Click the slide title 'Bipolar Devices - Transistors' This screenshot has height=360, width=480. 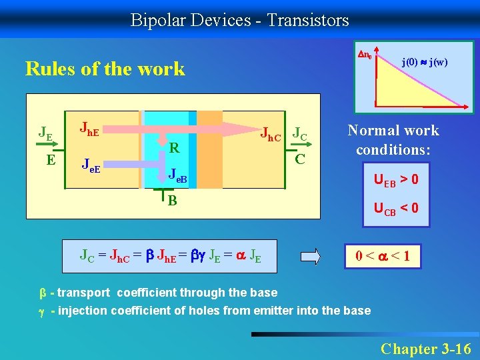coord(239,20)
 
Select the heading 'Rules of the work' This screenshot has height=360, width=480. coord(105,69)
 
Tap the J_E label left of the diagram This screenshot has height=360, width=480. coord(45,132)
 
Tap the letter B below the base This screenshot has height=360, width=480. coord(172,199)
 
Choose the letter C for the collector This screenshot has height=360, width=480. coord(300,160)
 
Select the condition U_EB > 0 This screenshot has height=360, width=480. coord(396,179)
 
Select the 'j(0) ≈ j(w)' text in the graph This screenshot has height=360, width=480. coord(424,62)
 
